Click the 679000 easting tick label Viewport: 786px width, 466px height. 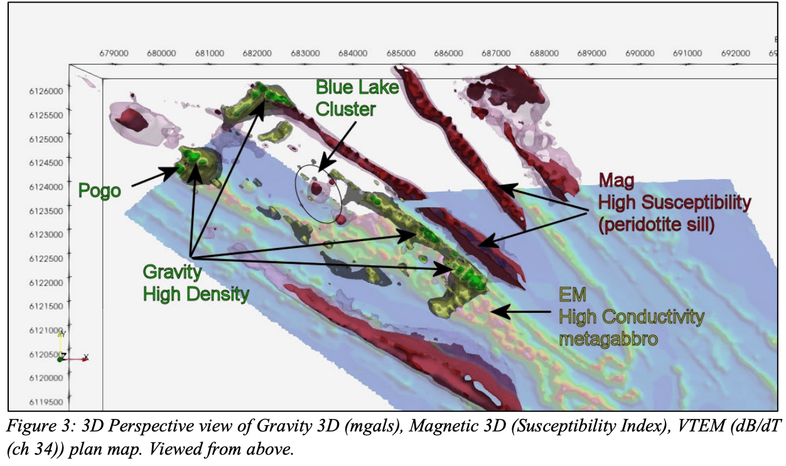point(114,53)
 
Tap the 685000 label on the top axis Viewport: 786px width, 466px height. point(401,53)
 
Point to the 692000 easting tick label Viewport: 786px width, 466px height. point(736,53)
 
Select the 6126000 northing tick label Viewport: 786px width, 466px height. point(46,91)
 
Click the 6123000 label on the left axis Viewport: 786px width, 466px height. point(46,235)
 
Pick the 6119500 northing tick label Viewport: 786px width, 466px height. point(46,402)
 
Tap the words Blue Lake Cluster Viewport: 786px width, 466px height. point(357,98)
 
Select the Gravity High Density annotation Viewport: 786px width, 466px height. point(196,283)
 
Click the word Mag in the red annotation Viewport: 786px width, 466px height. point(616,181)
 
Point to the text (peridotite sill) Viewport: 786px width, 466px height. point(656,225)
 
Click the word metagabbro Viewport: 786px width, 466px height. point(608,339)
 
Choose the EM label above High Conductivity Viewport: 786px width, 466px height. point(573,295)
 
